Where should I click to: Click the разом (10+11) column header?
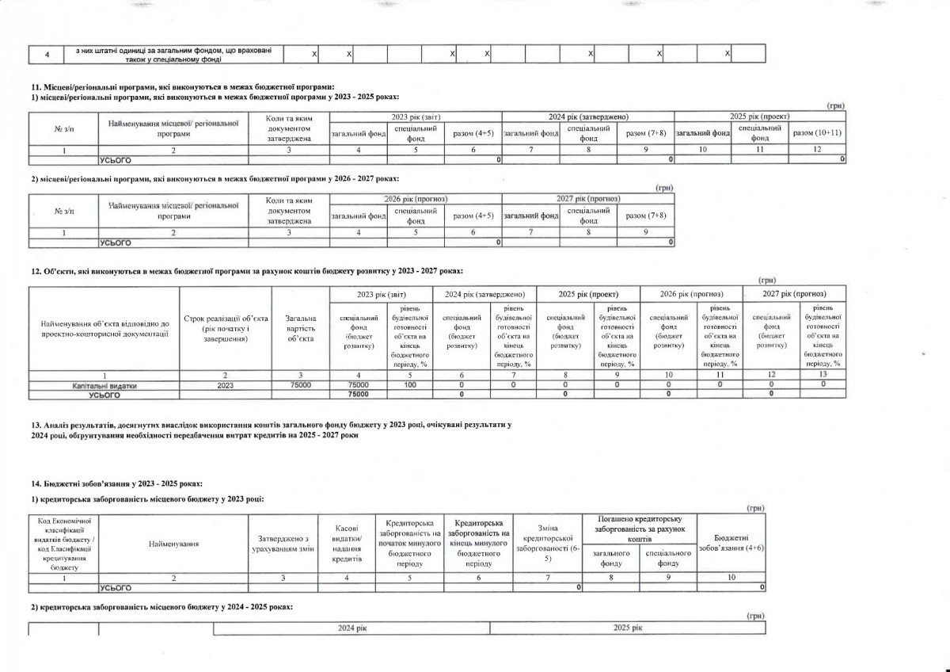point(817,133)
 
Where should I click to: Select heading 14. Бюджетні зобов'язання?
point(116,483)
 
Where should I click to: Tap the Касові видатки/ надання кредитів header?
point(344,543)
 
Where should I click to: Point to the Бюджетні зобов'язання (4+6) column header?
point(732,543)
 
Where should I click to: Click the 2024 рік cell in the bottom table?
point(351,628)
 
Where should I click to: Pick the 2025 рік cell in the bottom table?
point(628,628)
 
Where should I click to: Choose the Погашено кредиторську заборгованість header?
point(640,528)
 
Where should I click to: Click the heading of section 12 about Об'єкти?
point(241,271)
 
